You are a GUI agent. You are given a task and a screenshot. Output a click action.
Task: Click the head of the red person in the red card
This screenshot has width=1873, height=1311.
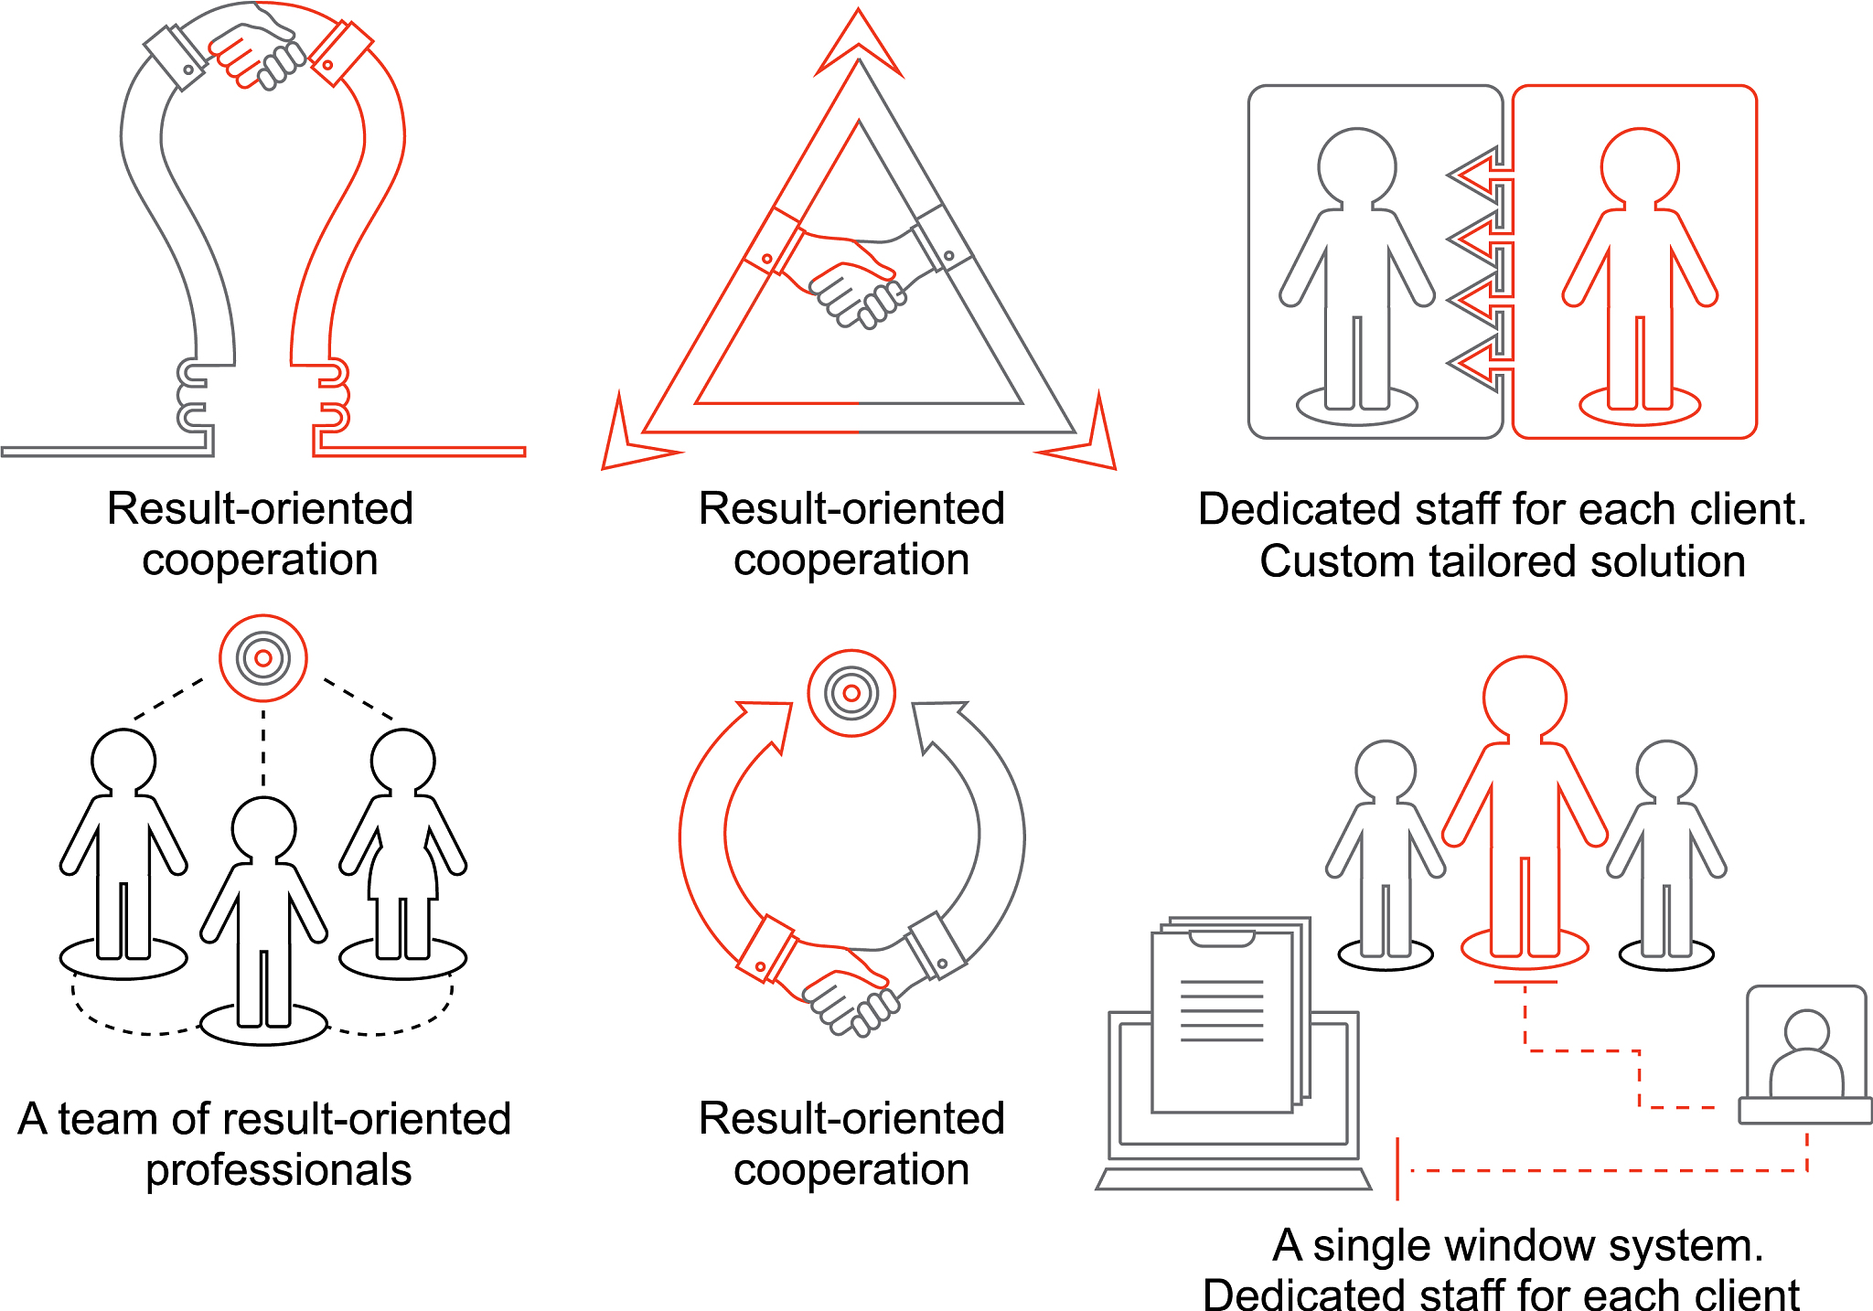point(1640,166)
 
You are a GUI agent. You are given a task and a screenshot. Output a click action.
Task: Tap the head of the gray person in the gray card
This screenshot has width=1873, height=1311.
point(1357,166)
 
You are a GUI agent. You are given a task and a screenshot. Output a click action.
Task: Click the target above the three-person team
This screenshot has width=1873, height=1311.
point(263,658)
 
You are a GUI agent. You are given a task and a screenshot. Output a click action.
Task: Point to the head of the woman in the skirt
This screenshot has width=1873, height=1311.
point(403,762)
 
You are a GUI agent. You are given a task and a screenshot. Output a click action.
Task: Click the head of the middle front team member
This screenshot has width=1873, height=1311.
point(263,829)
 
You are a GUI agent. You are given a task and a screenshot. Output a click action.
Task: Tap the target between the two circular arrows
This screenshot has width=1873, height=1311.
point(851,693)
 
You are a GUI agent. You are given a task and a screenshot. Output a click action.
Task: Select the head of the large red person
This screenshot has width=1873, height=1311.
point(1525,698)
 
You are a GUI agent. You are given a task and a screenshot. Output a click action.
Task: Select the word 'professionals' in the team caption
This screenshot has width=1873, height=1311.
point(279,1171)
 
